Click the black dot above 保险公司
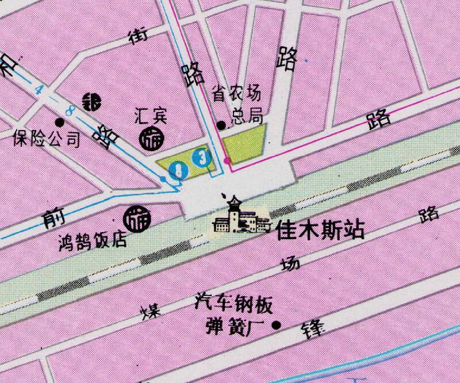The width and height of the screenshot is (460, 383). [59, 122]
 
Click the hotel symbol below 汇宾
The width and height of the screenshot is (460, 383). [152, 139]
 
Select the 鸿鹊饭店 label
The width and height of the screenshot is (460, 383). [93, 239]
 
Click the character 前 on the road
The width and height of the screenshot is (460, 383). [54, 216]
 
